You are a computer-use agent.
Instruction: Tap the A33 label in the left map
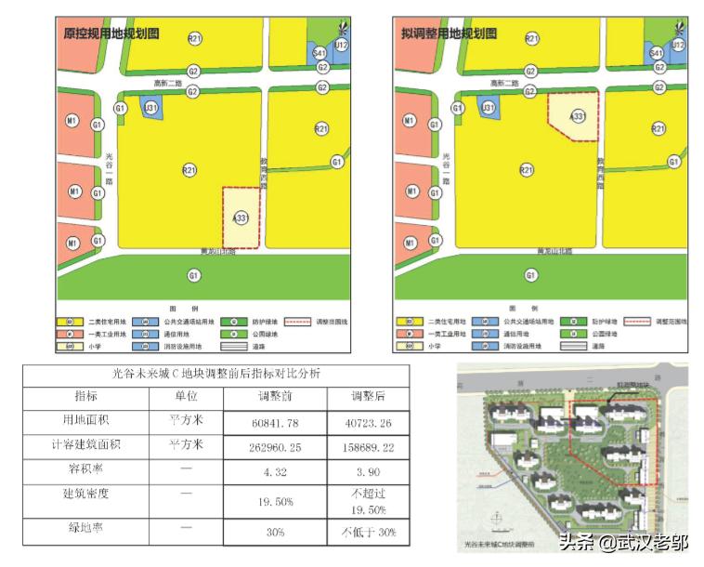click(x=241, y=218)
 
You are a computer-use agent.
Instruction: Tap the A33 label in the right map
click(x=578, y=116)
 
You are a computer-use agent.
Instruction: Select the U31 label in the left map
click(x=150, y=109)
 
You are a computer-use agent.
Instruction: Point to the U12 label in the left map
click(x=341, y=45)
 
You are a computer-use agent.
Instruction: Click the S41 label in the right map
click(x=656, y=53)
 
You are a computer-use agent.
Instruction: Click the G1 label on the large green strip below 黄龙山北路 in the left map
click(x=193, y=275)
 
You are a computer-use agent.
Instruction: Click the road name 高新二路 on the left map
click(x=167, y=83)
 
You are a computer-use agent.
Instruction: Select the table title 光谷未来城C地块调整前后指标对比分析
click(x=216, y=374)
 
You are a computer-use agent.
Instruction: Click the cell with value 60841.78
click(x=281, y=423)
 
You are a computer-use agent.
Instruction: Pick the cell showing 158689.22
click(x=367, y=447)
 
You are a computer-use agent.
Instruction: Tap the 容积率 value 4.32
click(x=281, y=471)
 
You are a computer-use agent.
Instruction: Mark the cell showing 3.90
click(x=367, y=471)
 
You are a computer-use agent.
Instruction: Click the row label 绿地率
click(x=87, y=532)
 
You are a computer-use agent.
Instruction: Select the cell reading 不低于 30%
click(x=367, y=532)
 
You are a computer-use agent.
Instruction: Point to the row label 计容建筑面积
click(x=87, y=446)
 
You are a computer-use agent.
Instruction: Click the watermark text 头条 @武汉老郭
click(x=623, y=542)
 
